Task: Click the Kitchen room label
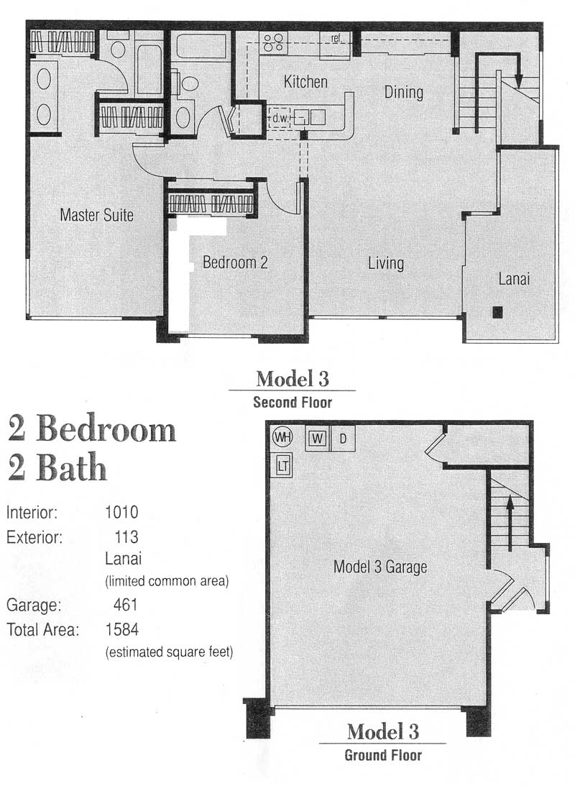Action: point(305,82)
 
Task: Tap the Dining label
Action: point(404,93)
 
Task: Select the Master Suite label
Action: point(96,215)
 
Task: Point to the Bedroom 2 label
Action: point(235,262)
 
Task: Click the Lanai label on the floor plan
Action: point(514,279)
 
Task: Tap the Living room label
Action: point(386,263)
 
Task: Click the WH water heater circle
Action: point(282,437)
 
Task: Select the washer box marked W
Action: point(317,439)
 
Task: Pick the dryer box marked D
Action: point(343,439)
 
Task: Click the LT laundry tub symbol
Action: point(282,466)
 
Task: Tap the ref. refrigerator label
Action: point(336,38)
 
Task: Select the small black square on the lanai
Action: point(497,312)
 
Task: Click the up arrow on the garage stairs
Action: point(510,523)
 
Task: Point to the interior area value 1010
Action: point(121,512)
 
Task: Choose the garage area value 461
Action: point(125,605)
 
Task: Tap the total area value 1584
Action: point(121,629)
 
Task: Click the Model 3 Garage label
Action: point(380,567)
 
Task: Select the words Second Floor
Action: point(293,402)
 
